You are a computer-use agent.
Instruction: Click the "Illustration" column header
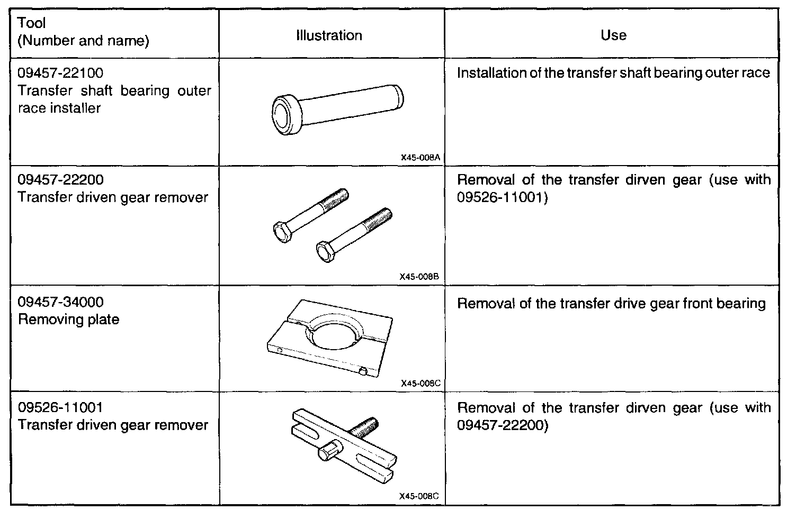pos(329,35)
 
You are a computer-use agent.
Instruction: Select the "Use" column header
pos(613,35)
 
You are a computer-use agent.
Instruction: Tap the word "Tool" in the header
pos(32,23)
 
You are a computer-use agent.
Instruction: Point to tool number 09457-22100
pos(60,73)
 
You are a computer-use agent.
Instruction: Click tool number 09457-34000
pos(60,302)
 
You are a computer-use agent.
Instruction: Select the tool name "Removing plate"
pos(68,320)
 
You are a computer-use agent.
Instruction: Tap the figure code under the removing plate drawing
pos(421,383)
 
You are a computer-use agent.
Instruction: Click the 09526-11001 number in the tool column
pos(60,407)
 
